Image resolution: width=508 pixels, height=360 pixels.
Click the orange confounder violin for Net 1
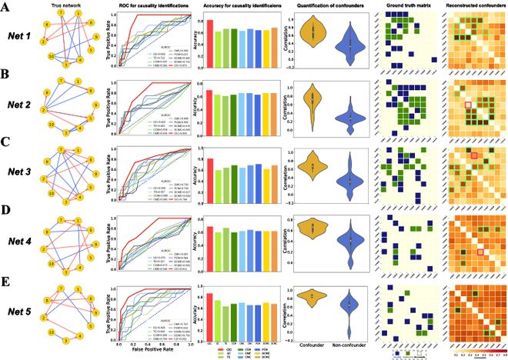pyautogui.click(x=312, y=34)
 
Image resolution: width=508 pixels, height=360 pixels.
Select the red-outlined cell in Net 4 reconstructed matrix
pyautogui.click(x=480, y=252)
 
